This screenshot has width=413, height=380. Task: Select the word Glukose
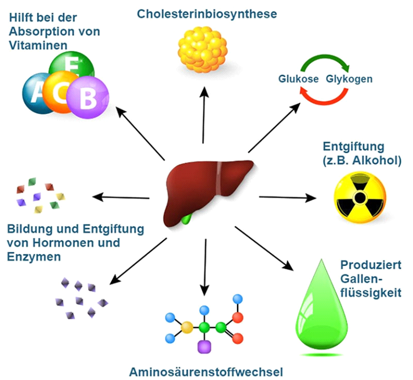298,79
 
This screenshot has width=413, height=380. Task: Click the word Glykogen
349,79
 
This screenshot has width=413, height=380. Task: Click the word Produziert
367,264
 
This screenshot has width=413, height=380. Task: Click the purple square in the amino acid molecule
205,346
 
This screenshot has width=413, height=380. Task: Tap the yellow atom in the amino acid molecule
187,328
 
